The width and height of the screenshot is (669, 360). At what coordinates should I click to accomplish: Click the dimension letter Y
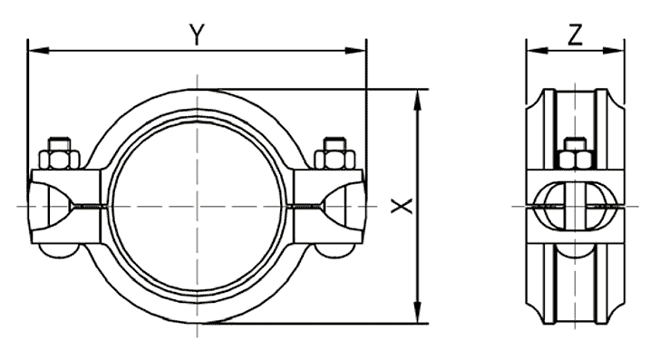tap(197, 35)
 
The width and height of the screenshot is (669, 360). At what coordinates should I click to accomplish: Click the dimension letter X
tap(402, 206)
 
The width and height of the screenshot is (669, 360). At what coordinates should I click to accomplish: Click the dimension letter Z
tap(576, 35)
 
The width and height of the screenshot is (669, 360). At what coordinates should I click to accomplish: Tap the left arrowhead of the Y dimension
tap(37, 51)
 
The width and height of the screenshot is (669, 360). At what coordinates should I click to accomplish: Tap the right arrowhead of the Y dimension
tap(356, 51)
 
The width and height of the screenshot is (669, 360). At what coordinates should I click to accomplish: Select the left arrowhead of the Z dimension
tap(537, 51)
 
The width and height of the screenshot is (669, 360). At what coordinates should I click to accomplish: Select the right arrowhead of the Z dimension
tap(614, 51)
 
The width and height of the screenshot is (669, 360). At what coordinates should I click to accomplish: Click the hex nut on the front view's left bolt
tap(59, 159)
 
